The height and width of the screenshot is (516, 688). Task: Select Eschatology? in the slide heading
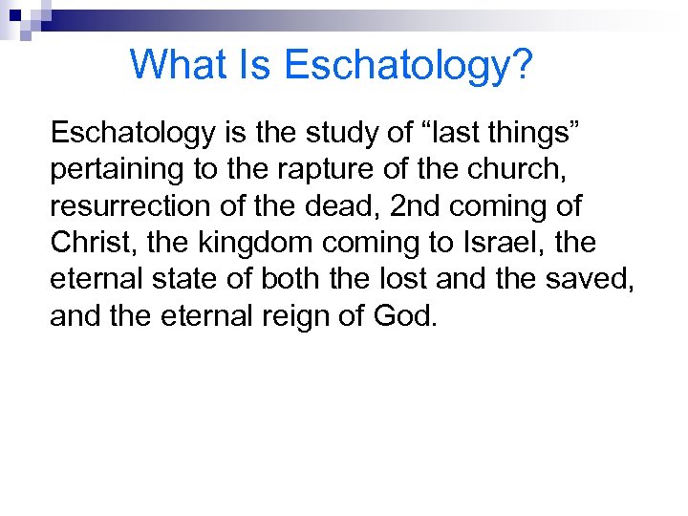409,65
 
